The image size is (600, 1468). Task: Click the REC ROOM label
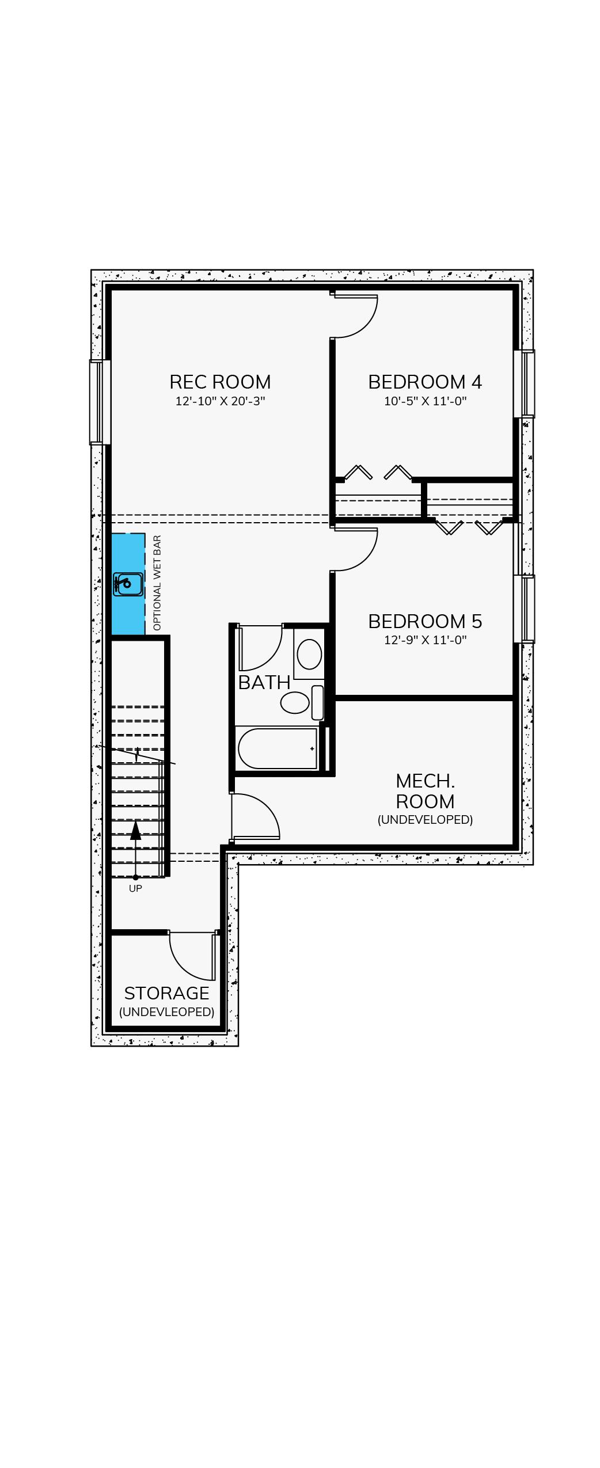tap(220, 382)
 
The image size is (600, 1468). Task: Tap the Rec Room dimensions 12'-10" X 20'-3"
tap(220, 401)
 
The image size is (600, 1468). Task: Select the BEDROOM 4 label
tap(425, 382)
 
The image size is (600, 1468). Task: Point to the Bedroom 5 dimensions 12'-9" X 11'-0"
tap(425, 640)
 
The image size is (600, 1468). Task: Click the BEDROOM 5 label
tap(425, 621)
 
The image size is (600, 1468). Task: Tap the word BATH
tap(264, 682)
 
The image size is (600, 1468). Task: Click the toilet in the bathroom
tap(302, 702)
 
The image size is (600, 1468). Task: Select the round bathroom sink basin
tap(309, 654)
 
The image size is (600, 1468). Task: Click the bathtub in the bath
tap(278, 748)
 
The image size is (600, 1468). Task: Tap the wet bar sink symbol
tap(128, 584)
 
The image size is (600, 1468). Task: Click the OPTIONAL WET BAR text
tap(157, 583)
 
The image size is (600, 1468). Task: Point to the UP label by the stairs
tap(135, 888)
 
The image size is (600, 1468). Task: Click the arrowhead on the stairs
tap(135, 830)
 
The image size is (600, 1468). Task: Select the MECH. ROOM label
tap(425, 791)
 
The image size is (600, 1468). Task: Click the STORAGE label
tap(166, 993)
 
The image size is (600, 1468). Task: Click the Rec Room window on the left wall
tap(100, 402)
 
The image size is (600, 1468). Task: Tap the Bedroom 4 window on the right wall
tap(524, 383)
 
